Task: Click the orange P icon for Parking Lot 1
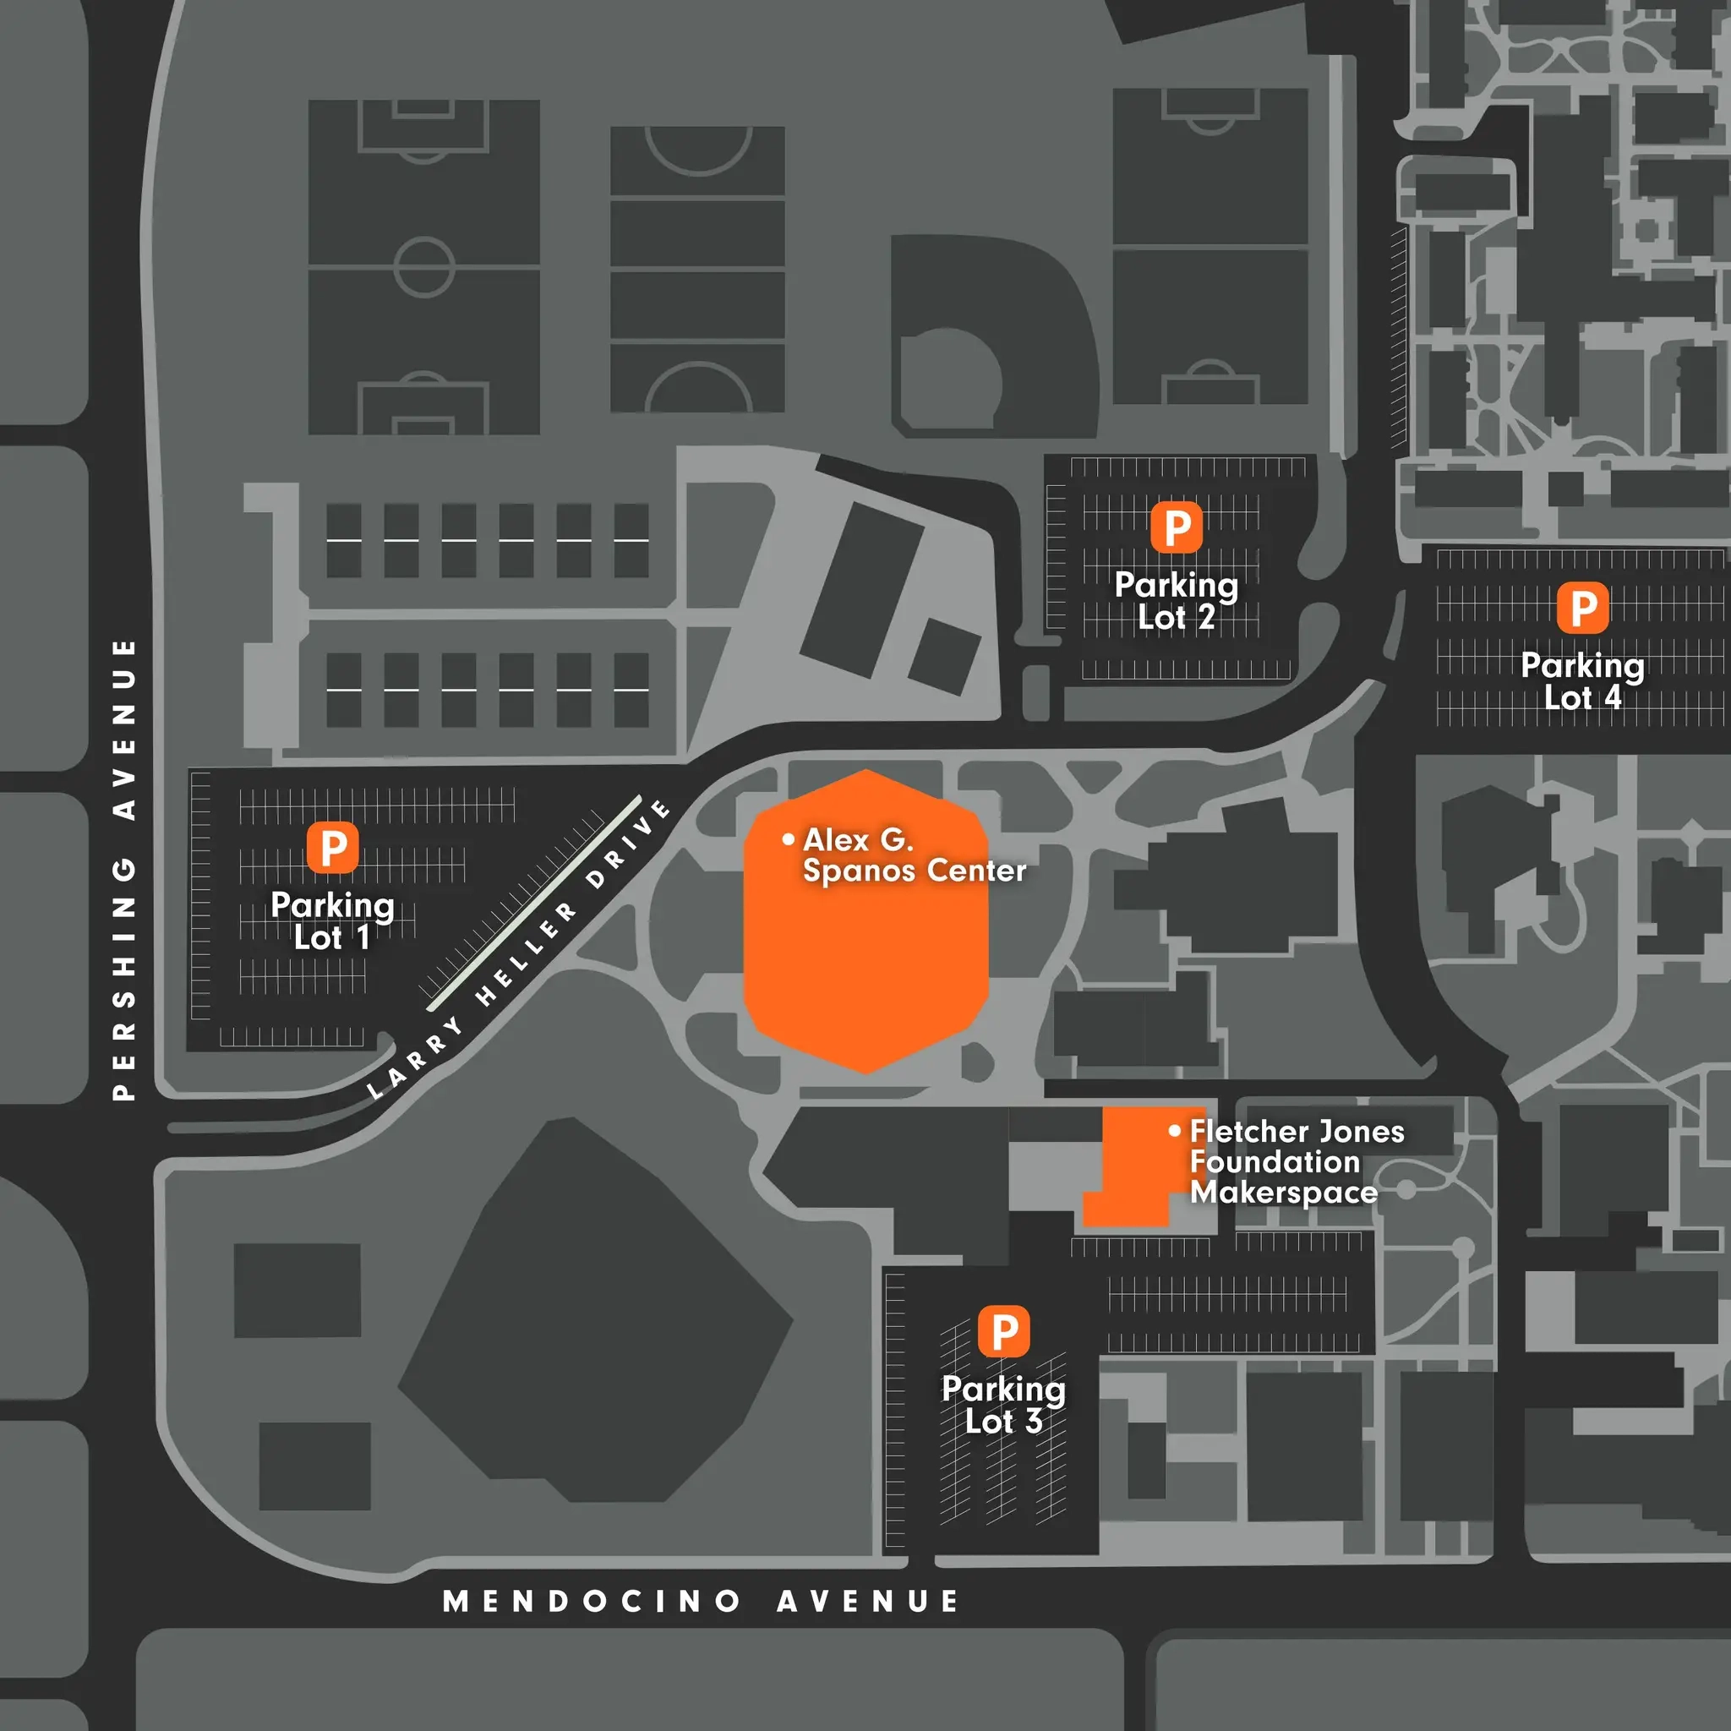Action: click(332, 847)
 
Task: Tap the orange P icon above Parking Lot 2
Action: click(1177, 527)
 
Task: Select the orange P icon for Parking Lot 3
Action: click(1003, 1331)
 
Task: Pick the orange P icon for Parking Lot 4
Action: click(1583, 608)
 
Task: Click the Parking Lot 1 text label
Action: click(332, 921)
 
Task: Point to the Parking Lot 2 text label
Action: click(1177, 601)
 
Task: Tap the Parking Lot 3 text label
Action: click(1003, 1405)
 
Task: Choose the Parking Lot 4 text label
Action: click(1583, 681)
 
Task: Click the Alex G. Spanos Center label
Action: click(914, 855)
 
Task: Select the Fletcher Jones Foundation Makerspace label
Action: click(1296, 1161)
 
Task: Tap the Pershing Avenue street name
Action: click(123, 869)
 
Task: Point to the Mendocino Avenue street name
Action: click(701, 1601)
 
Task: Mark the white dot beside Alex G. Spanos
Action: click(789, 839)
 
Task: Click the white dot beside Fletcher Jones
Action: click(1175, 1131)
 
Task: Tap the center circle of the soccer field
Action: click(423, 266)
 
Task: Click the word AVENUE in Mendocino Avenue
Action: click(867, 1601)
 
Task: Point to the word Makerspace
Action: click(1283, 1193)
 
